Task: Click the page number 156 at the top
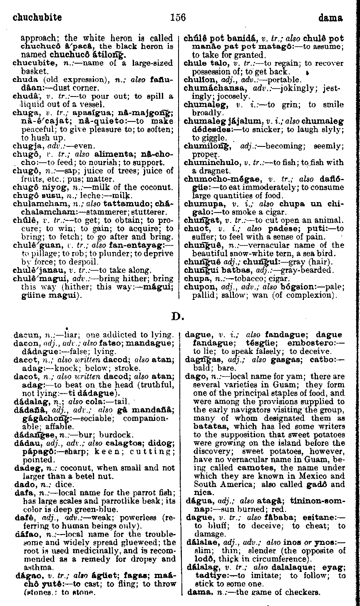(x=178, y=17)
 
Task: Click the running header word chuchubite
(x=37, y=17)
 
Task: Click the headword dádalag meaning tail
(x=27, y=356)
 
